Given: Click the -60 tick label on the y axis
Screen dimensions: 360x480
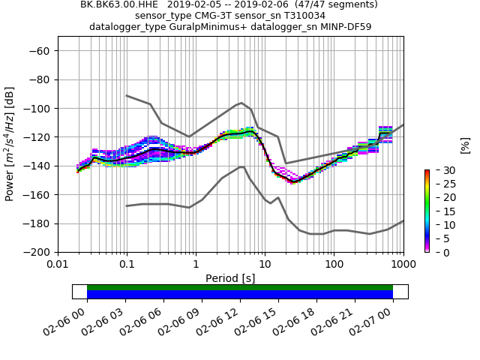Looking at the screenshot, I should click(40, 50).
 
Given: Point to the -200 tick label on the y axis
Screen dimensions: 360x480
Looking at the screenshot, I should click(37, 252).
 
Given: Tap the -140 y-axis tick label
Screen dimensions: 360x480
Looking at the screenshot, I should click(37, 166).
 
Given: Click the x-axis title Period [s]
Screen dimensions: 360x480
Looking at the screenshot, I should click(230, 278).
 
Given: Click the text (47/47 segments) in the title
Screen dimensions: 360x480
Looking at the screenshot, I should click(331, 4).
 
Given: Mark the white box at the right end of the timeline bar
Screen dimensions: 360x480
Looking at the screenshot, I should click(400, 292).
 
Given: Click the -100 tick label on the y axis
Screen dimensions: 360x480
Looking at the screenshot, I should click(37, 108).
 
